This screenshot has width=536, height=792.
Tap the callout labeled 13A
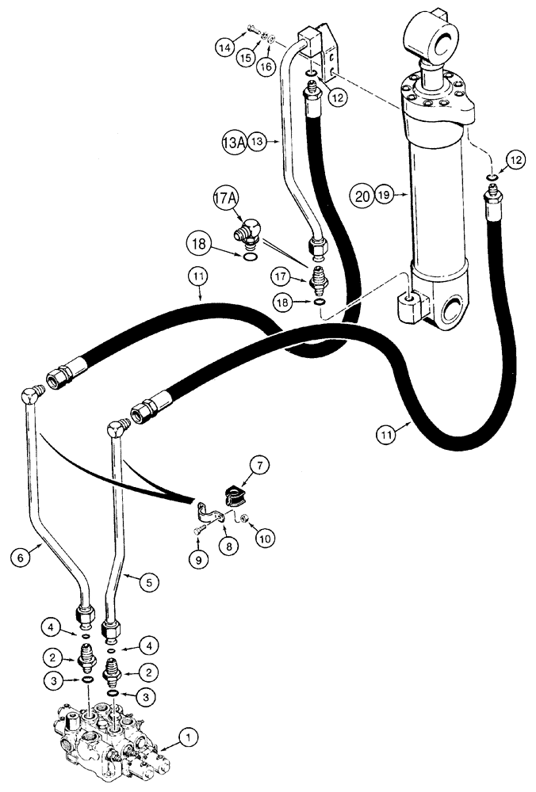point(231,143)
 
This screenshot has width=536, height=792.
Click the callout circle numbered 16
point(266,67)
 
